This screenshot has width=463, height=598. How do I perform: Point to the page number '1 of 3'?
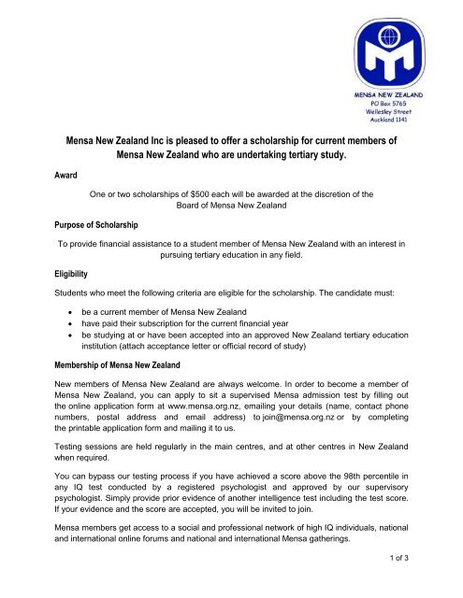coord(433,584)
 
